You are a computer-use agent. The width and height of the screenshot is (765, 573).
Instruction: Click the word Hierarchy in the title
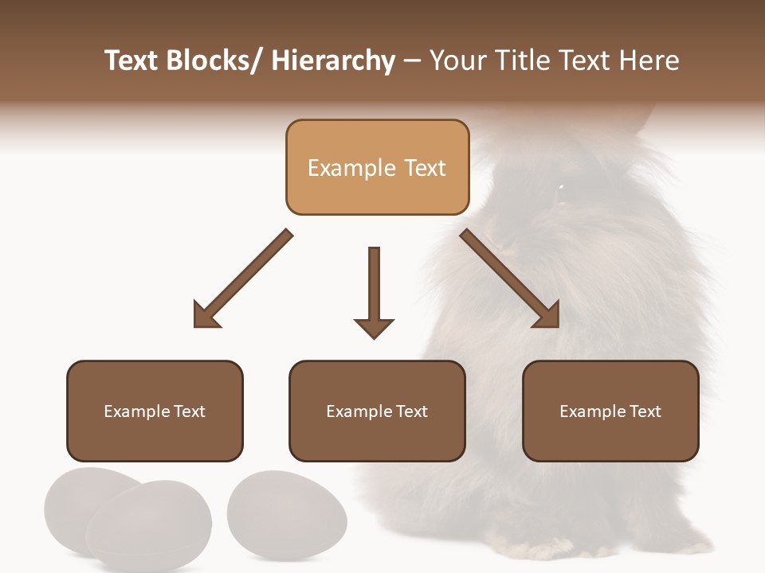(333, 61)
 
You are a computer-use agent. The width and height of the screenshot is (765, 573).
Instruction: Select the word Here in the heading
(649, 61)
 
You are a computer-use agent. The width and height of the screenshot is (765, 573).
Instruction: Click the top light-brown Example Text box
(377, 167)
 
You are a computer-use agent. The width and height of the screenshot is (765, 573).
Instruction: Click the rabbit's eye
(560, 188)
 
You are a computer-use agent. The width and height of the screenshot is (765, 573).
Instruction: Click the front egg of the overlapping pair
(149, 525)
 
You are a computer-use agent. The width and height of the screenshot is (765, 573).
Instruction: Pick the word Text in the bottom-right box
(645, 411)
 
